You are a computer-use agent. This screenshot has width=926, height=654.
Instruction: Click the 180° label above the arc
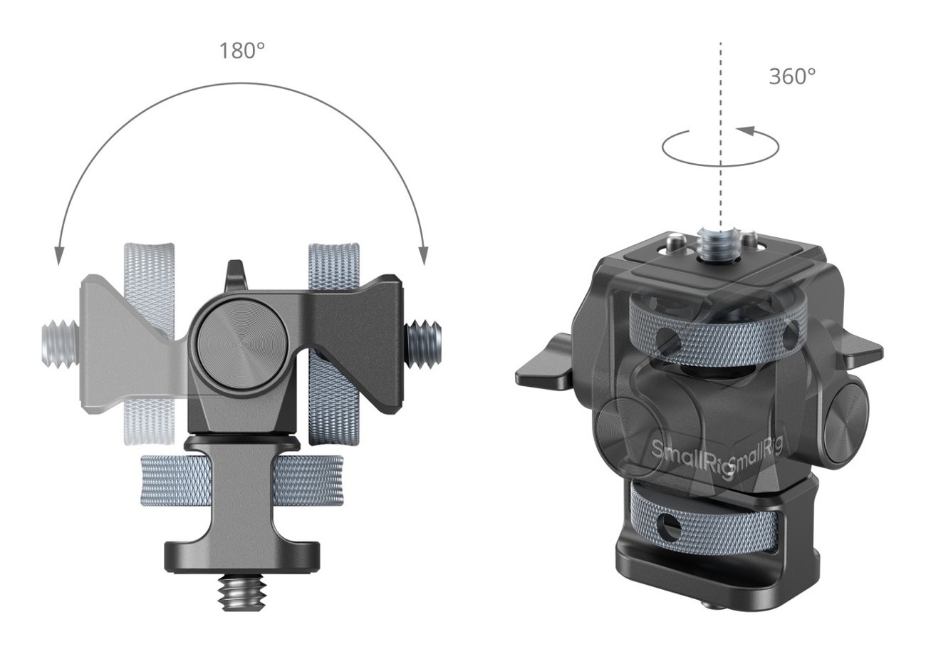(242, 51)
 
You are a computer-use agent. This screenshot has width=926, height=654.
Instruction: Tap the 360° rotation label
(792, 76)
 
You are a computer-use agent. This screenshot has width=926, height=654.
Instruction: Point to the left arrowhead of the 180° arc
(60, 256)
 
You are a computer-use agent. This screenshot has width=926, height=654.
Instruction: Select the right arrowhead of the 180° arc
(423, 256)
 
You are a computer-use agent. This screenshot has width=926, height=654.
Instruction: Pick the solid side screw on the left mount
(422, 346)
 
